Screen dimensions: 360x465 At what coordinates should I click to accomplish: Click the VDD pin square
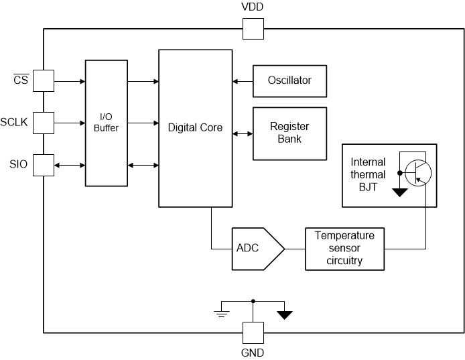coord(253,29)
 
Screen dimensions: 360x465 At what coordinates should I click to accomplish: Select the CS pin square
coord(44,81)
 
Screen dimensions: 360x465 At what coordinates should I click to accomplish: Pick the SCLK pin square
coord(44,123)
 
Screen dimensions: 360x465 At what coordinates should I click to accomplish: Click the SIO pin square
coord(44,165)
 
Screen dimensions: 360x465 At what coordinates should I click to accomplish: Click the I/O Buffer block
coord(106,123)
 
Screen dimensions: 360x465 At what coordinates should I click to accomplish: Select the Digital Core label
coord(195,127)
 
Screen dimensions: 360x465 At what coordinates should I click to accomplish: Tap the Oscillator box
coord(290,80)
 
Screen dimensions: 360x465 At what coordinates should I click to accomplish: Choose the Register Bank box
coord(290,133)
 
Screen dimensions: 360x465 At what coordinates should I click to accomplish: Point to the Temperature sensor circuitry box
coord(345,249)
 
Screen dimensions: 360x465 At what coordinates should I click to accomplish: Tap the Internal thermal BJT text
coord(369,175)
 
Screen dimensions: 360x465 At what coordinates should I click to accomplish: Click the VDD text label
coord(253,8)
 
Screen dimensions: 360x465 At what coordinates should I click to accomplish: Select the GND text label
coord(253,353)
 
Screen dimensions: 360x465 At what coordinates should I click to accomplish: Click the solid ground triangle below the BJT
coord(401,192)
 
